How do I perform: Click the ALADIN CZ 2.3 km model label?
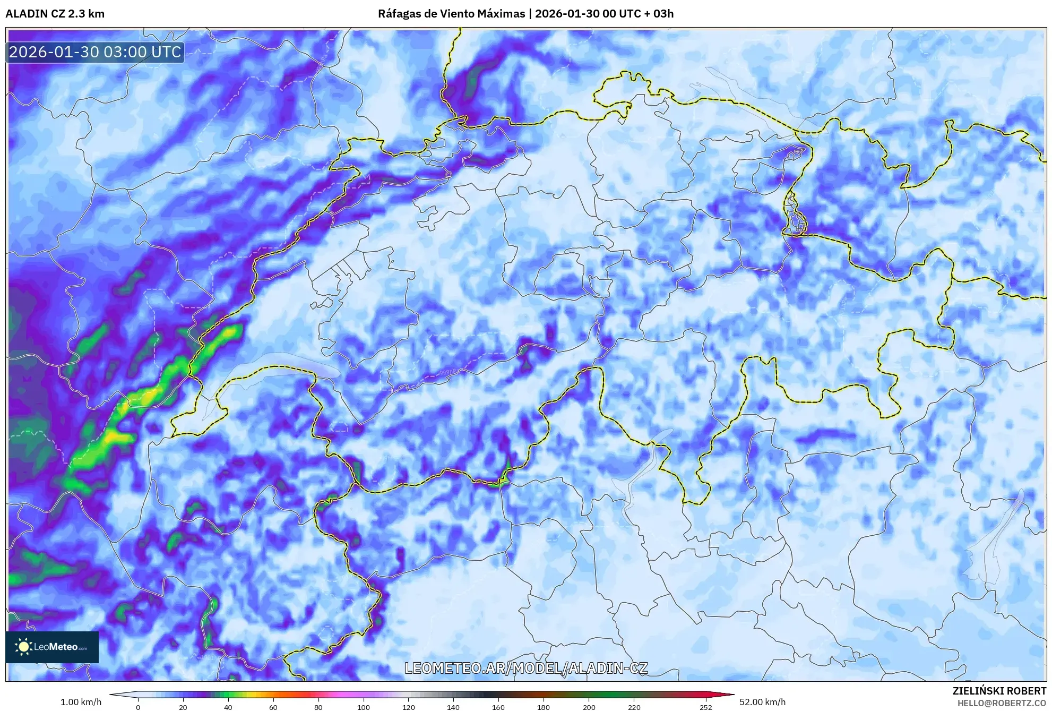pos(55,14)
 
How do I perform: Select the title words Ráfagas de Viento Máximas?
pos(451,14)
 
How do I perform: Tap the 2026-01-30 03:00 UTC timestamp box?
pos(96,52)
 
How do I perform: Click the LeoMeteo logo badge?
pos(52,647)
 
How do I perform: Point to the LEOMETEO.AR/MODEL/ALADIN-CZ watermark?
pos(526,668)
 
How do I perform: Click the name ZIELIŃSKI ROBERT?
pos(999,691)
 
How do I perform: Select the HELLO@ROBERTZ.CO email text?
pos(1002,703)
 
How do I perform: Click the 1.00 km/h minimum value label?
pos(81,702)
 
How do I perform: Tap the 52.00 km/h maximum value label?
pos(762,702)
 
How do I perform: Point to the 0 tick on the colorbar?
pos(138,707)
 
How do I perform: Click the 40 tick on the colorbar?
pos(228,707)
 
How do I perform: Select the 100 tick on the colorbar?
pos(364,707)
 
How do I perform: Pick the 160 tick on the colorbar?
pos(498,707)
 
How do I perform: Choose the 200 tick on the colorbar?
pos(589,707)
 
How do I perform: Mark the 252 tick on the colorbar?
pos(706,707)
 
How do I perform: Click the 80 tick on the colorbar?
pos(318,707)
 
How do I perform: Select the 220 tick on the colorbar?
pos(634,707)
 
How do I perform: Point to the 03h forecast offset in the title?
pos(663,14)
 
